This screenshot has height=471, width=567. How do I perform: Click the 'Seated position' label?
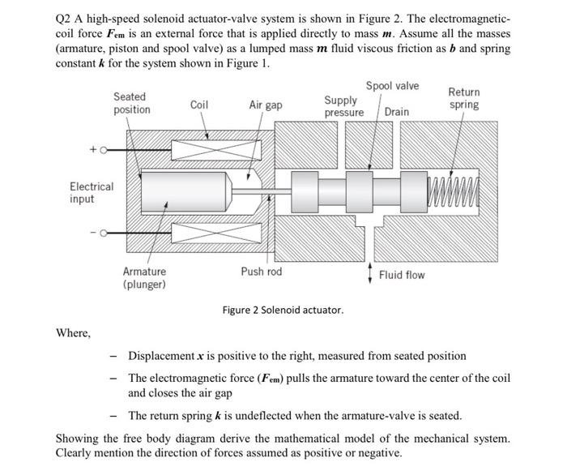[x=131, y=103]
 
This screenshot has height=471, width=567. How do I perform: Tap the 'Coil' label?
[x=199, y=105]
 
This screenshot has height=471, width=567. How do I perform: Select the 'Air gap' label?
[x=266, y=105]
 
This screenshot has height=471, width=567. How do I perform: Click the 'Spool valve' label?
[x=392, y=86]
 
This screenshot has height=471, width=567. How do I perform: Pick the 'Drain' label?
[x=397, y=111]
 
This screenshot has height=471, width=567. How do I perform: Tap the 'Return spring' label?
[x=463, y=98]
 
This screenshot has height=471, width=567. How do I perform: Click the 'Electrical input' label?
[x=92, y=192]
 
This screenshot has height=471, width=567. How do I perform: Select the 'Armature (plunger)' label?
[x=144, y=278]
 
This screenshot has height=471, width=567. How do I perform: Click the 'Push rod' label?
[x=262, y=272]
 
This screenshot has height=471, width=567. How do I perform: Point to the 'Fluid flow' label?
[x=403, y=275]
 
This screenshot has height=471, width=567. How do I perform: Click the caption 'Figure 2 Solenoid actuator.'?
[x=283, y=310]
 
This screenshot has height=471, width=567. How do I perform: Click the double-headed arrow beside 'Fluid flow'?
[x=370, y=274]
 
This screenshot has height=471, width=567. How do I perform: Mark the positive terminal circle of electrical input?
[x=104, y=150]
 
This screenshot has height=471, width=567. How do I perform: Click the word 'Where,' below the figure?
[x=73, y=332]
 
